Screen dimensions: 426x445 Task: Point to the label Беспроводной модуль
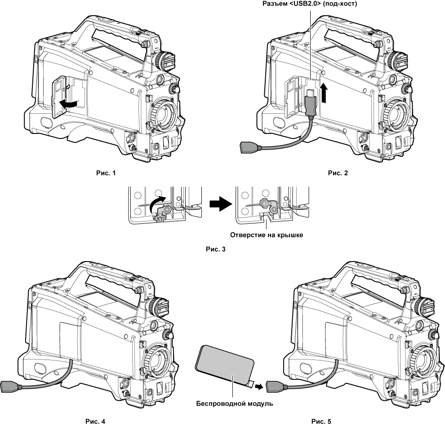click(x=235, y=403)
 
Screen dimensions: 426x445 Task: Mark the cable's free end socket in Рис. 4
click(x=9, y=386)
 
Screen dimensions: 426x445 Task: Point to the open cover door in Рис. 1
click(x=58, y=97)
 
